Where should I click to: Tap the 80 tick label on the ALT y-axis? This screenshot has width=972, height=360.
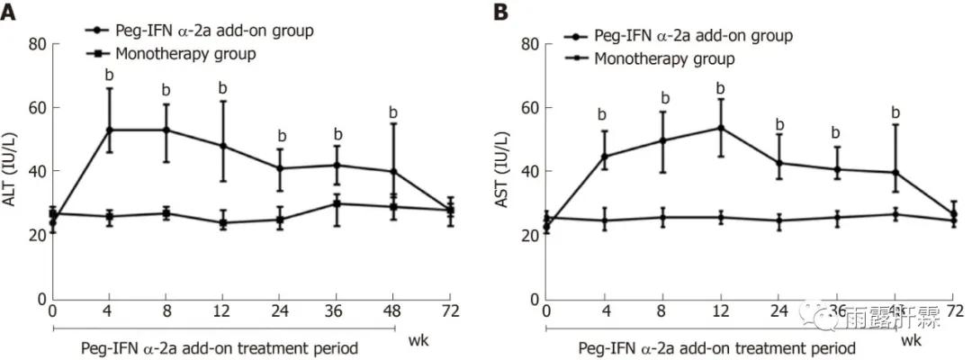click(37, 44)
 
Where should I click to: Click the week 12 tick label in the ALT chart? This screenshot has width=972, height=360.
click(222, 312)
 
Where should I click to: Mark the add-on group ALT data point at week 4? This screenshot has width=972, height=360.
click(109, 130)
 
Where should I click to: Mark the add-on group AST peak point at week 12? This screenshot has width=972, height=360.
click(720, 128)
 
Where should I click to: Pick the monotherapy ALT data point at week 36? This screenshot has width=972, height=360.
click(337, 203)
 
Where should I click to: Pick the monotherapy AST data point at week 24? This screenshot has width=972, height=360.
click(780, 220)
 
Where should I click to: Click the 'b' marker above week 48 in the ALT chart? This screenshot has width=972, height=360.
click(392, 113)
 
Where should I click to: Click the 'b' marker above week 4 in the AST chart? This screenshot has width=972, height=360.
click(602, 115)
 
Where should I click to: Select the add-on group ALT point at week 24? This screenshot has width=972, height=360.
click(280, 168)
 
